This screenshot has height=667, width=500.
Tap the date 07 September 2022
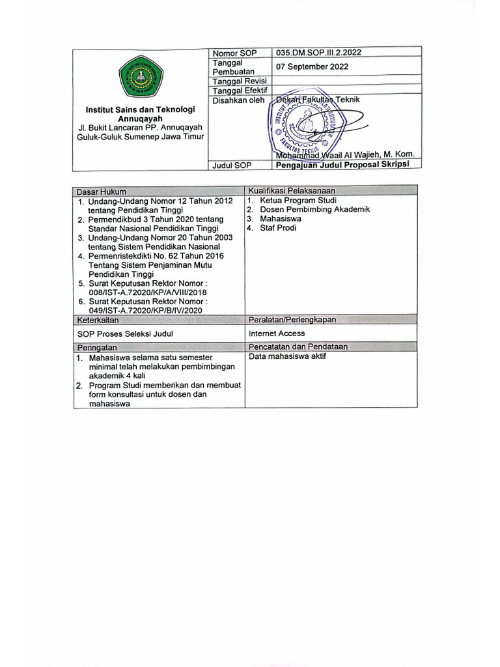[312, 66]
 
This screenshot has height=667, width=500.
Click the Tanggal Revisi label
[235, 81]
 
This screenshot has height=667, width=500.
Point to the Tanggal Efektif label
[235, 91]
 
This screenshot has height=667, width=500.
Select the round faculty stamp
[301, 124]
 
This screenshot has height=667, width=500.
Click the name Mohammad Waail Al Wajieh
[345, 154]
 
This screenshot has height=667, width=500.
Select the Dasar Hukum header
[102, 192]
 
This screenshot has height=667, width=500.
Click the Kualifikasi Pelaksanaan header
[292, 190]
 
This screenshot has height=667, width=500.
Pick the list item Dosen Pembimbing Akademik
[314, 210]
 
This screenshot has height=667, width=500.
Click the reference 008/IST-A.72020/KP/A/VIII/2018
[146, 293]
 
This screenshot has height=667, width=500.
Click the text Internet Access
[277, 333]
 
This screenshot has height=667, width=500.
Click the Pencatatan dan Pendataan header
[298, 347]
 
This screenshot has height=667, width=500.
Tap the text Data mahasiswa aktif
[287, 357]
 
